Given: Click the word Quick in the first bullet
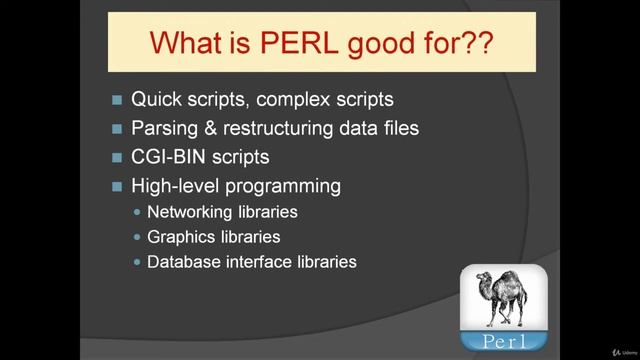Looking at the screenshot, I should pyautogui.click(x=158, y=100).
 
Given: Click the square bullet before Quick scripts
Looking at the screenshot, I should pyautogui.click(x=117, y=100).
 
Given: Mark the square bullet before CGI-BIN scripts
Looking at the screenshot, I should pyautogui.click(x=117, y=158).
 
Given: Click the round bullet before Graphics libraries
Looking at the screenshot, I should pyautogui.click(x=137, y=238).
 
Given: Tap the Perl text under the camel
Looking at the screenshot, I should pyautogui.click(x=506, y=338).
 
